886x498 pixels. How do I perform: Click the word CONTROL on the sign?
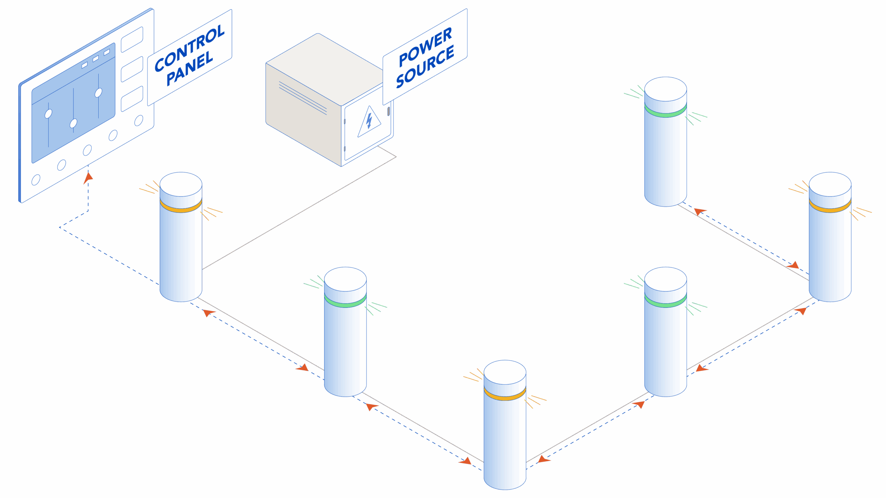tap(189, 48)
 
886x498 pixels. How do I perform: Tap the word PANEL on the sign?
tap(189, 68)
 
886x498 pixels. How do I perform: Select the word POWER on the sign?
tap(425, 47)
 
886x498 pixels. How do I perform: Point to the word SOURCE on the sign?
tap(425, 67)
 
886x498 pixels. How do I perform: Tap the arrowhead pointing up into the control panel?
tap(88, 178)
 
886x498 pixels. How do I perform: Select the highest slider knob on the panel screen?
tap(98, 93)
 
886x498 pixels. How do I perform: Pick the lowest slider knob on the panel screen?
tap(73, 123)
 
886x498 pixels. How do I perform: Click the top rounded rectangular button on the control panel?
tap(132, 39)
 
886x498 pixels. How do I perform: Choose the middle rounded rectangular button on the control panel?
tap(132, 69)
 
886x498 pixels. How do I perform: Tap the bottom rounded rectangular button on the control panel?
tap(132, 99)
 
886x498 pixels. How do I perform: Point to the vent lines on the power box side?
tap(303, 98)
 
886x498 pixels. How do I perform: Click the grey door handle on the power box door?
tap(389, 111)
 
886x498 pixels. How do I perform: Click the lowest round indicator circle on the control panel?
tap(36, 180)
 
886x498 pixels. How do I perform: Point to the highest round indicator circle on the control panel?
tap(139, 120)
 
